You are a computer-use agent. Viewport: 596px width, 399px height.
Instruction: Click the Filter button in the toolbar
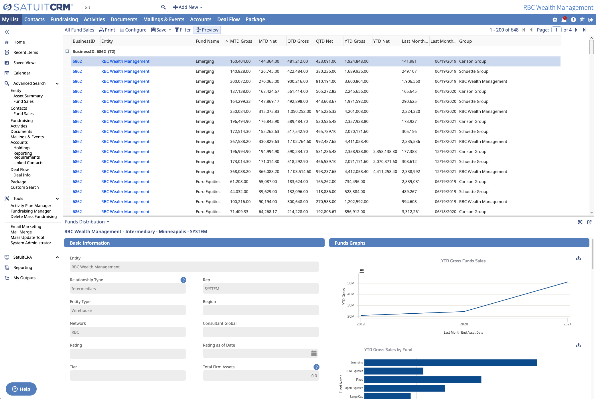click(x=183, y=30)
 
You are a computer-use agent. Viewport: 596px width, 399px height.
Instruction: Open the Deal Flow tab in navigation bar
click(x=228, y=19)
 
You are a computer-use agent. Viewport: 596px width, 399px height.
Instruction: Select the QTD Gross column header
click(x=298, y=41)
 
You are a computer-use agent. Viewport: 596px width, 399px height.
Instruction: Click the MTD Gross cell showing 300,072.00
click(x=240, y=81)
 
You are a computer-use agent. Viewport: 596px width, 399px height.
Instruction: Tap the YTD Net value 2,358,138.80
click(x=385, y=152)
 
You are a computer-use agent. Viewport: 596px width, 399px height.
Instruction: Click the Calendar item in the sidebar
click(x=22, y=73)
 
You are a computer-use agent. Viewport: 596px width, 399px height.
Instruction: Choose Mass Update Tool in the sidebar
click(x=27, y=237)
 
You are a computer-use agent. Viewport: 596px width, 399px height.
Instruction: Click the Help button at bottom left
click(x=21, y=389)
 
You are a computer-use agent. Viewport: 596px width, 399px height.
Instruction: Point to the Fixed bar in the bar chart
click(x=423, y=380)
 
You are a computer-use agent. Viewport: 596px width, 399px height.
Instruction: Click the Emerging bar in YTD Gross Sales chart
click(x=450, y=363)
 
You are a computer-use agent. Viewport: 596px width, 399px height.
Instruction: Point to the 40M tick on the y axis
click(x=351, y=294)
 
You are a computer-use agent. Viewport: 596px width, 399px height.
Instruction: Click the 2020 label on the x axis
click(x=464, y=324)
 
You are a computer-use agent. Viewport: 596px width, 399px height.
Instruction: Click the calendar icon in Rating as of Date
click(x=314, y=353)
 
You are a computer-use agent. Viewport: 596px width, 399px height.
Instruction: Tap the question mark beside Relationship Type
click(x=183, y=280)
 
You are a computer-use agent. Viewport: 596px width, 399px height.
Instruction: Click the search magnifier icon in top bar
click(x=163, y=7)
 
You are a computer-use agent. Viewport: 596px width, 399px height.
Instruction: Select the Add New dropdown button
click(x=188, y=7)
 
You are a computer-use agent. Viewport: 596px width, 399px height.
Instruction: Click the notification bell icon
click(x=564, y=20)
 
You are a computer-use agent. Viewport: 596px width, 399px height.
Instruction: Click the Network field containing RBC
click(x=128, y=332)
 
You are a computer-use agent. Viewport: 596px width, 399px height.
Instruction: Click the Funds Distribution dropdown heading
click(x=87, y=222)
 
